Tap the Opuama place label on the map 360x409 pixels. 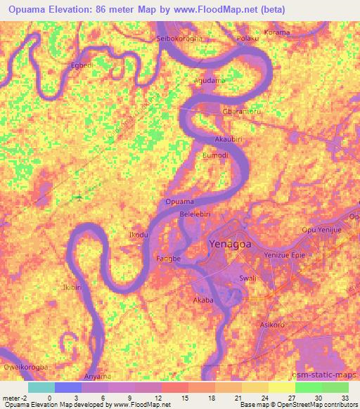tap(179, 202)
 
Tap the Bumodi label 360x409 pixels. tap(215, 155)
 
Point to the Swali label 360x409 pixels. tap(247, 278)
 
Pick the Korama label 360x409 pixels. tap(276, 33)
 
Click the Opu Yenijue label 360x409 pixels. tap(321, 230)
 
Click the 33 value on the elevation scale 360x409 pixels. tap(345, 398)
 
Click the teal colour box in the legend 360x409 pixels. tap(41, 387)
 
